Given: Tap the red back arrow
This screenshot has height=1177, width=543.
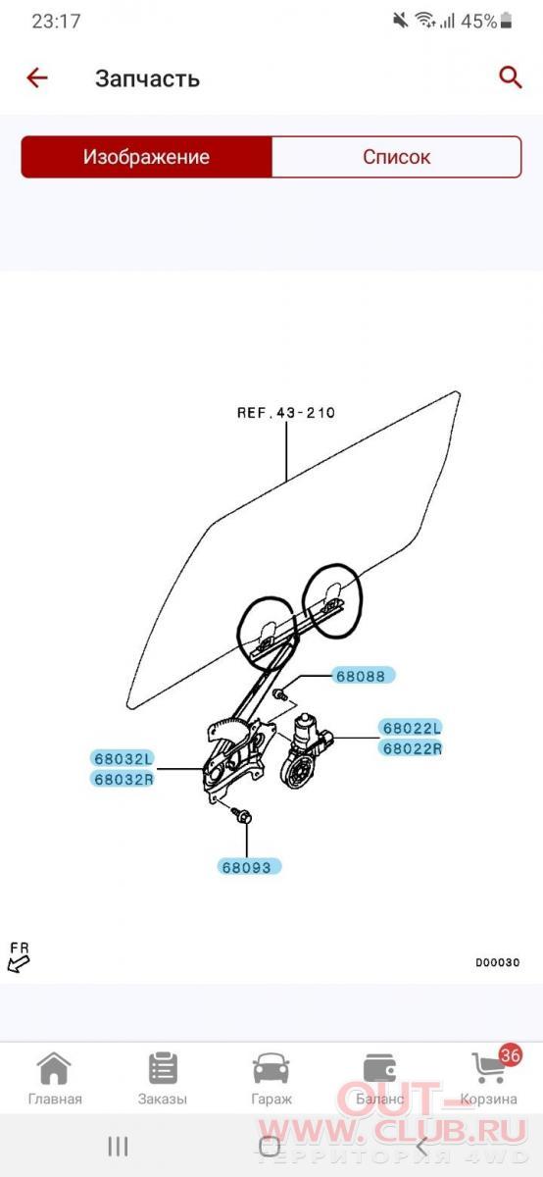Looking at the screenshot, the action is click(37, 78).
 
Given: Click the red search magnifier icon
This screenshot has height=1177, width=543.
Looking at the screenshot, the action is click(510, 77).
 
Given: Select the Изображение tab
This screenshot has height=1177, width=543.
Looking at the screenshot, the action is click(146, 157).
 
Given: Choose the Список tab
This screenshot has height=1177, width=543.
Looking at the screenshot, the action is click(397, 157).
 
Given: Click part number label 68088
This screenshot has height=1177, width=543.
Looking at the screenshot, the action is click(363, 675).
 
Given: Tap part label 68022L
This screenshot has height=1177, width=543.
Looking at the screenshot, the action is click(412, 728).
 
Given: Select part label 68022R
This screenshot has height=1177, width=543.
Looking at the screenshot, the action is click(412, 747).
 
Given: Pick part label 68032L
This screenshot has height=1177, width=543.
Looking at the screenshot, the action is click(123, 758).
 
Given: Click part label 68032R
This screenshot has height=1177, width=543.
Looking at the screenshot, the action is click(123, 778).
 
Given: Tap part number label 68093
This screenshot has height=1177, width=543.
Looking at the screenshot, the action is click(249, 867).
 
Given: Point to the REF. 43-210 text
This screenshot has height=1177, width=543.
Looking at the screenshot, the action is click(286, 413).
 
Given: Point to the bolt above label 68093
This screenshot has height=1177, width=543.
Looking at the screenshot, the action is click(242, 816).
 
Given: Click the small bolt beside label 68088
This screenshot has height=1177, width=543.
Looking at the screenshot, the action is click(281, 694).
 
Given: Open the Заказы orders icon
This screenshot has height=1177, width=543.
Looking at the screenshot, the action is click(163, 1068).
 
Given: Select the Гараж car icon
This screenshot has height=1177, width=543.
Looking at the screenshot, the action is click(271, 1069).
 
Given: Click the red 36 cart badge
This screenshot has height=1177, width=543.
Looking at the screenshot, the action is click(510, 1054).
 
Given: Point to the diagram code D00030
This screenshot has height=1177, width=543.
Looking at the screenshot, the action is click(498, 962).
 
